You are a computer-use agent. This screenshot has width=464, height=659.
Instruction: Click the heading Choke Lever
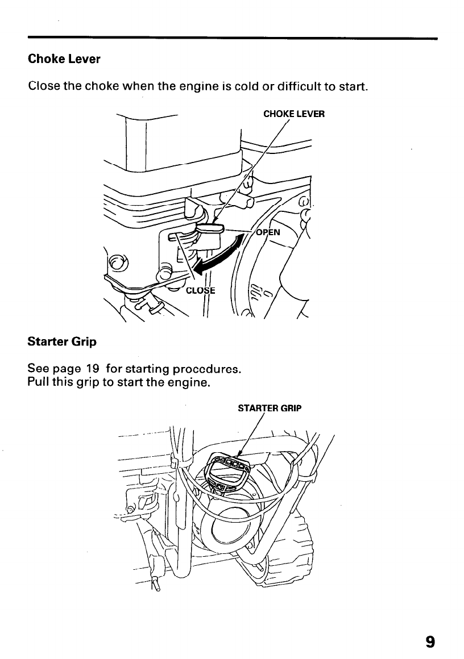pyautogui.click(x=64, y=59)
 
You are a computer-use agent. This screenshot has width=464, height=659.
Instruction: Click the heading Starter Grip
pyautogui.click(x=62, y=342)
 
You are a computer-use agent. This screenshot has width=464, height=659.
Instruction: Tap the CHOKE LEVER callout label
pyautogui.click(x=294, y=114)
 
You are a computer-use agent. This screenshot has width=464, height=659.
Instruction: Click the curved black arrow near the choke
pyautogui.click(x=219, y=255)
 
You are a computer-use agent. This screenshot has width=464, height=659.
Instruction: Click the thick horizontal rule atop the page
pyautogui.click(x=232, y=38)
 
